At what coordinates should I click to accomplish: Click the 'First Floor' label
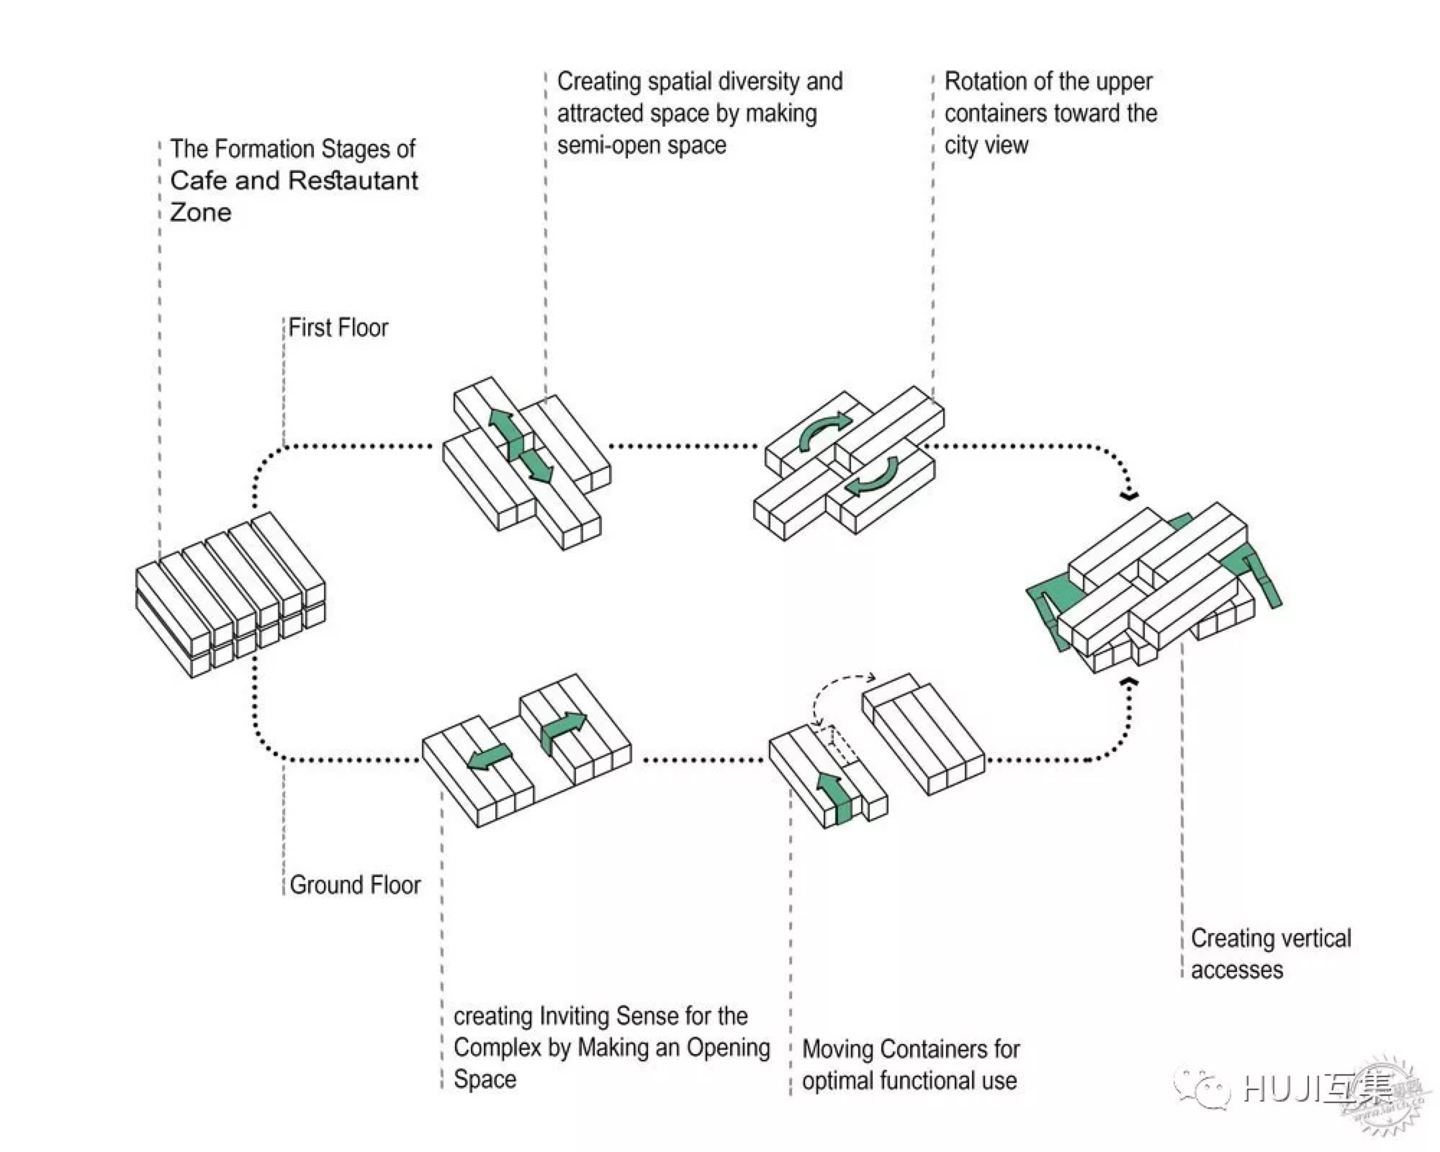tap(338, 328)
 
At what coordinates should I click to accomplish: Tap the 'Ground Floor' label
tap(355, 885)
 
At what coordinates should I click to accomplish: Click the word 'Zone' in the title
tap(200, 212)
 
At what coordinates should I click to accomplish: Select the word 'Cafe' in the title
tap(197, 180)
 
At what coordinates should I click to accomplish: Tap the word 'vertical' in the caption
tap(1311, 938)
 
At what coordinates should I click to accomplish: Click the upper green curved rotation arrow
tap(826, 431)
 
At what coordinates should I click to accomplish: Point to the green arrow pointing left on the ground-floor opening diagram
tap(490, 757)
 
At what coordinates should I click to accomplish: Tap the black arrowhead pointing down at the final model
tap(1130, 495)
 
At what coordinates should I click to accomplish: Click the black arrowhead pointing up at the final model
tap(1130, 681)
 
